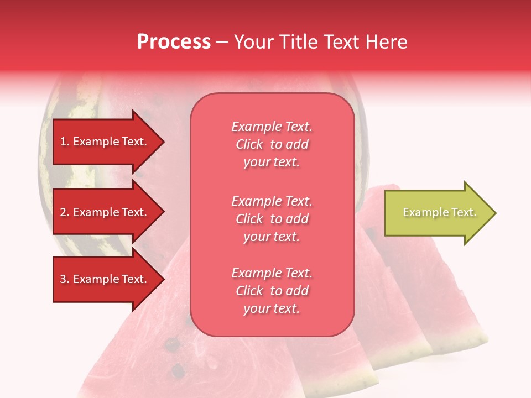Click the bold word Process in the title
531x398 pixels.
pyautogui.click(x=174, y=42)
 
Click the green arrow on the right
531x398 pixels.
pyautogui.click(x=437, y=213)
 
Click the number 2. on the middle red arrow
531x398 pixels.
pyautogui.click(x=65, y=212)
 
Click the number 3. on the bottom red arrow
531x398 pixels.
pyautogui.click(x=65, y=279)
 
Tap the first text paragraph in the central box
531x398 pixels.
pyautogui.click(x=272, y=144)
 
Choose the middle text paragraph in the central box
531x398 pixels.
pyautogui.click(x=272, y=219)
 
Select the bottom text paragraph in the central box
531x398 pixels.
pyautogui.click(x=272, y=291)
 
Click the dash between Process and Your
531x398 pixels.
pyautogui.click(x=222, y=43)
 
